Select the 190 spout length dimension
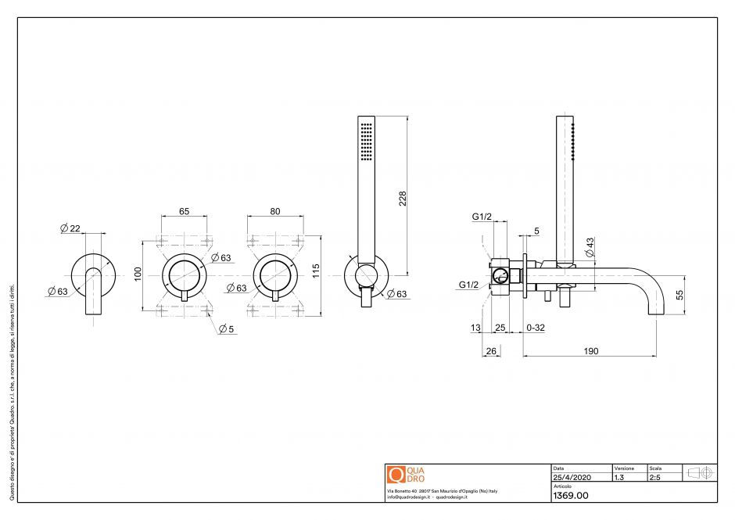[x=591, y=351]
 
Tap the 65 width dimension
[x=185, y=211]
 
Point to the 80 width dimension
[x=275, y=211]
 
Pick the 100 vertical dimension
[x=138, y=274]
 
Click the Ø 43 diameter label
[x=590, y=247]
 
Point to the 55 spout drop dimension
[x=679, y=295]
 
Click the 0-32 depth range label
[x=536, y=328]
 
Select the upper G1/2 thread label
[x=481, y=217]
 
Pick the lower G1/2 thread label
[x=469, y=285]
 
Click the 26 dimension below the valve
[x=491, y=351]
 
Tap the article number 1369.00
[x=570, y=496]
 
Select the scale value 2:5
[x=654, y=476]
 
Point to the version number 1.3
[x=619, y=476]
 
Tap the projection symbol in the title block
[x=699, y=473]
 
